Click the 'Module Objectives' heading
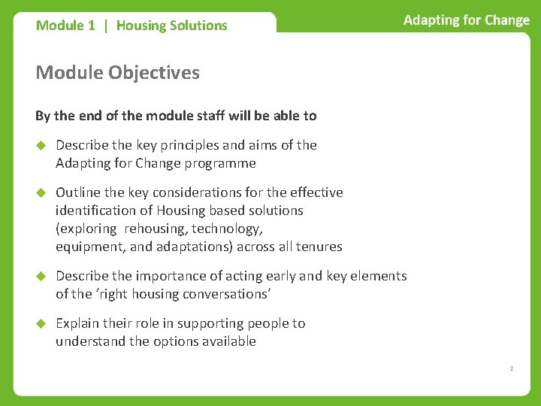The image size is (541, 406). click(x=117, y=73)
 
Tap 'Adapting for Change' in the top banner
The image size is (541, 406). click(x=466, y=20)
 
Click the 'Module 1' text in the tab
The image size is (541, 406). click(x=65, y=26)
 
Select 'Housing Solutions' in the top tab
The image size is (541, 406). click(x=171, y=26)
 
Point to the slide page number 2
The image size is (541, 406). click(x=511, y=369)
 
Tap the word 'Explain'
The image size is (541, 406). click(x=78, y=323)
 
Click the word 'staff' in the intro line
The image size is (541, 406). click(x=210, y=116)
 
